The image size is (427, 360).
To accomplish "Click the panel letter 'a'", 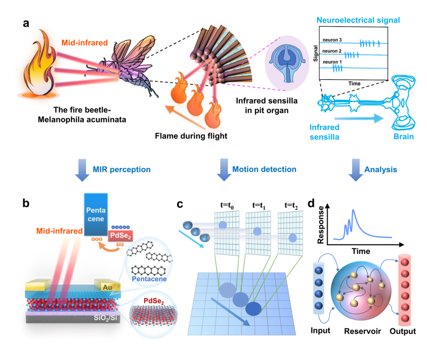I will [x=26, y=23].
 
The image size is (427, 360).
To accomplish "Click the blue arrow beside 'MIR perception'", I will [x=82, y=169].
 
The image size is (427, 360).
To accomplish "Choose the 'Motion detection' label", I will [x=264, y=169].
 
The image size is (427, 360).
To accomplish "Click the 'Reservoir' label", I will [x=363, y=331].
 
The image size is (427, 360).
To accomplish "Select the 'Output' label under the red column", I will [x=403, y=331].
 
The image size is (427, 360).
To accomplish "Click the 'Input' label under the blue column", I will [x=320, y=331].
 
